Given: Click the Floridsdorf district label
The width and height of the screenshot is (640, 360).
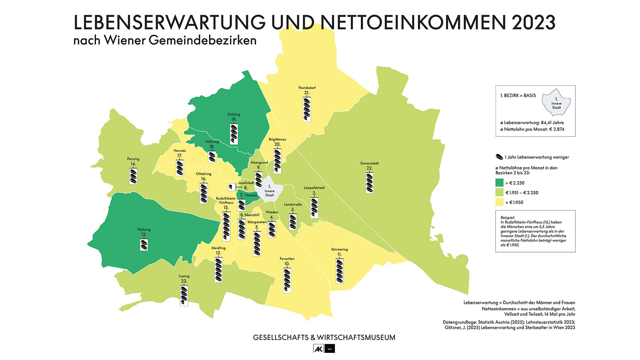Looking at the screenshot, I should (307, 88).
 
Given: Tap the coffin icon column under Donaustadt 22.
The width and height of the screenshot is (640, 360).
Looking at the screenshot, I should (369, 183).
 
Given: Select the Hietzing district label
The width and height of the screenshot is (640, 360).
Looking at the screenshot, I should (144, 229).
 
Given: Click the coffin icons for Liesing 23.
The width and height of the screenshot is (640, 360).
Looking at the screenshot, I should (184, 296).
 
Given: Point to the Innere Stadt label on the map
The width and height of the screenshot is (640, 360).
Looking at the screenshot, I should (269, 191).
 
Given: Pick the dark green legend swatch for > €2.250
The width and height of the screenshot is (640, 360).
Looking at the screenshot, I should (499, 183).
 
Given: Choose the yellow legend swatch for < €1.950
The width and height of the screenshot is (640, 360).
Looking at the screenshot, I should (499, 202).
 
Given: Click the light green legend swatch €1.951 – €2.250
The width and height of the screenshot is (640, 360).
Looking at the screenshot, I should (499, 192).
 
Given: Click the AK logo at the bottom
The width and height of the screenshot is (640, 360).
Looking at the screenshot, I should (318, 349).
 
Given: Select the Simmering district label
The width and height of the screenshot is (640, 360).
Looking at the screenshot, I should (339, 249).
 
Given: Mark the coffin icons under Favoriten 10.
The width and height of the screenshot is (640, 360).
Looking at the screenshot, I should (287, 280).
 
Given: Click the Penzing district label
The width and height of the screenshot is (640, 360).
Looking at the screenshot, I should (133, 159).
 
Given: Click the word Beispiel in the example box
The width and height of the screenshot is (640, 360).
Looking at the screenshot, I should (508, 218).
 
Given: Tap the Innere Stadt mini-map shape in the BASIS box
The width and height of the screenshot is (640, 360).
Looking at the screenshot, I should (556, 102).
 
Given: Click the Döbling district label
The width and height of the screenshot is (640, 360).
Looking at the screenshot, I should (234, 114).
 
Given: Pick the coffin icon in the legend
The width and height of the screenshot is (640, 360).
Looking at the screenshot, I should (499, 157).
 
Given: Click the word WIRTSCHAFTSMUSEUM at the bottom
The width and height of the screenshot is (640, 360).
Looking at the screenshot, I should (356, 337).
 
